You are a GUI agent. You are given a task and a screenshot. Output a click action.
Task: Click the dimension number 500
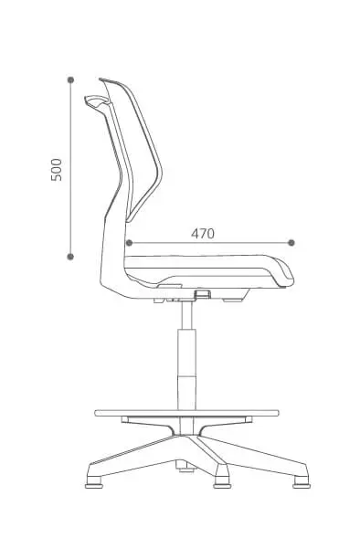pyautogui.click(x=57, y=170)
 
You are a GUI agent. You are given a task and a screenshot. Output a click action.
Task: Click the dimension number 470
pyautogui.click(x=203, y=234)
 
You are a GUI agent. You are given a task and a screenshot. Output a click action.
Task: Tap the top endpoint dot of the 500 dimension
pyautogui.click(x=70, y=79)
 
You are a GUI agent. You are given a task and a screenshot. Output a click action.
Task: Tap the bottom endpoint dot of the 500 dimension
pyautogui.click(x=70, y=257)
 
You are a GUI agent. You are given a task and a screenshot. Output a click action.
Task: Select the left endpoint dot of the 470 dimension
pyautogui.click(x=129, y=243)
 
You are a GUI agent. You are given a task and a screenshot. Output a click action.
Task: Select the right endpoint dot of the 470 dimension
pyautogui.click(x=291, y=243)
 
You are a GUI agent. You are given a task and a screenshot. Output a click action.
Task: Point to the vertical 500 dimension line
pyautogui.click(x=70, y=168)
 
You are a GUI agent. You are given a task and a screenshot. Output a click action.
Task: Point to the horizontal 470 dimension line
pyautogui.click(x=210, y=243)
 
